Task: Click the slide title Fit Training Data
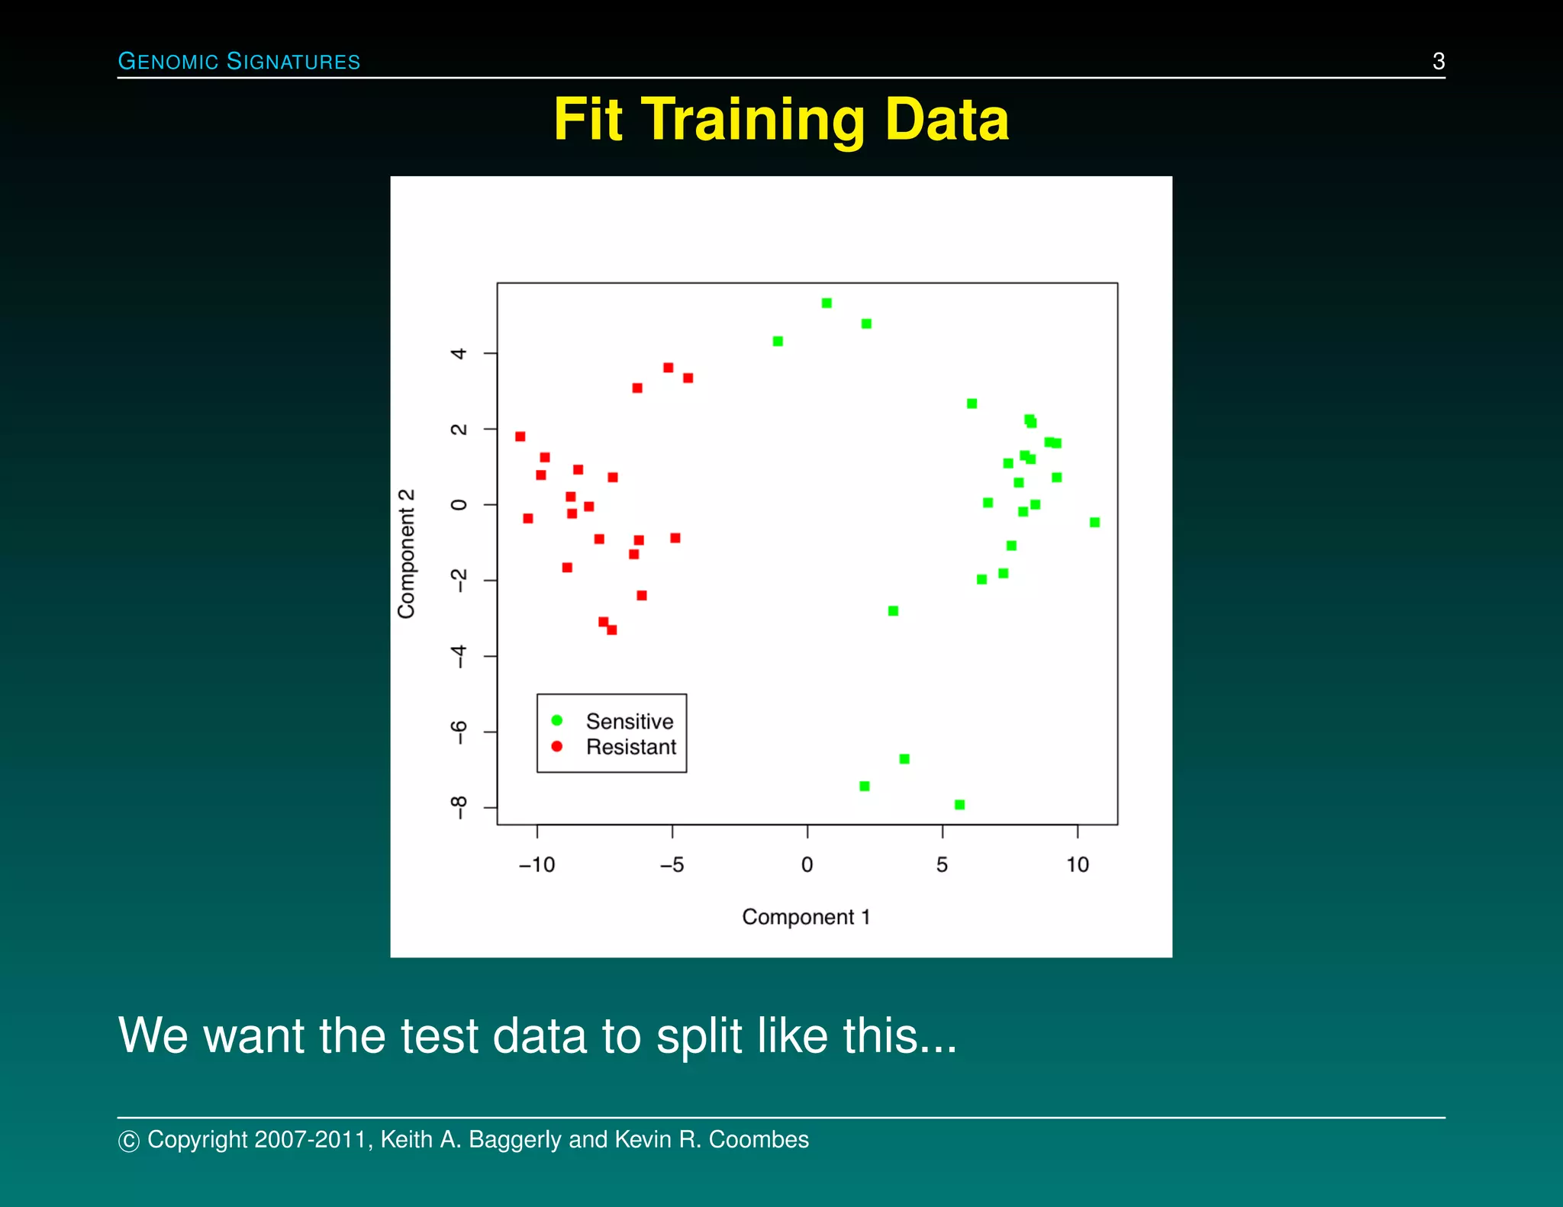coord(781,120)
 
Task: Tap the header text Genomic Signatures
coord(239,61)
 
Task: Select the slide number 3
coord(1438,61)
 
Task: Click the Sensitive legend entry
coord(629,721)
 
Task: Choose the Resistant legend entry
coord(630,747)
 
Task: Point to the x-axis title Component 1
coord(805,916)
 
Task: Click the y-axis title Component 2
coord(407,553)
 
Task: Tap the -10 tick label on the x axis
coord(537,864)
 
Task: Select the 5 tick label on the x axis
coord(942,864)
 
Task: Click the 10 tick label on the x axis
coord(1077,864)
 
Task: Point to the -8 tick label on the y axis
coord(458,807)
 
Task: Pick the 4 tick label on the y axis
coord(458,353)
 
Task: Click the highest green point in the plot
coord(827,303)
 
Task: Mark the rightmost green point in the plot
coord(1094,523)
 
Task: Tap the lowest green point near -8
coord(959,805)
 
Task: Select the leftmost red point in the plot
coord(520,436)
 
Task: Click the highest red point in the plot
coord(668,368)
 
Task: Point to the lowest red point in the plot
coord(611,630)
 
